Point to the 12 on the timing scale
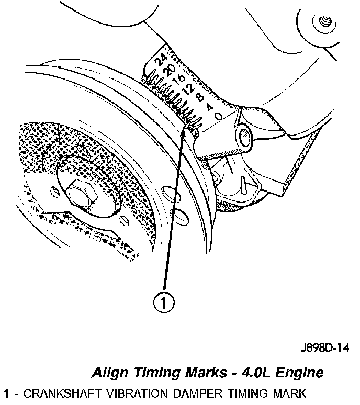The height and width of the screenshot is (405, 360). [x=190, y=87]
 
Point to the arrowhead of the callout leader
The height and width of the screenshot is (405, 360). [x=183, y=132]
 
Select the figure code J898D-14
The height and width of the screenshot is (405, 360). [x=324, y=348]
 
